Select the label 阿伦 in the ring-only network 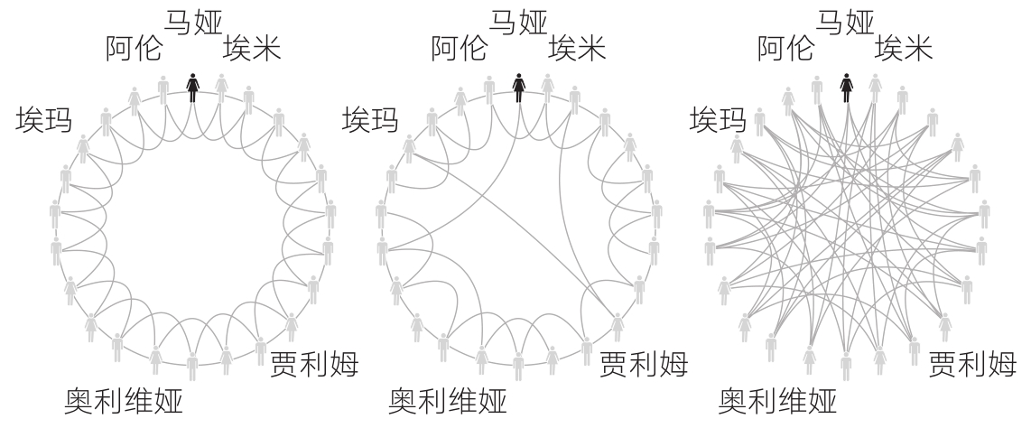click(x=134, y=49)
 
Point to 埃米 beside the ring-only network click(x=252, y=49)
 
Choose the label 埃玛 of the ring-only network click(x=44, y=119)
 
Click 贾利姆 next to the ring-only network click(x=314, y=365)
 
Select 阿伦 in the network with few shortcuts click(x=460, y=49)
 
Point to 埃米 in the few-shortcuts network click(x=578, y=49)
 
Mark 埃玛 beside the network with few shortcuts click(x=370, y=119)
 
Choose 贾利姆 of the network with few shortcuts click(x=643, y=365)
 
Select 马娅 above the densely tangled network click(x=847, y=23)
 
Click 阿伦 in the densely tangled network click(x=786, y=49)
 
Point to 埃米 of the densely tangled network click(x=905, y=49)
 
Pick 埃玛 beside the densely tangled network click(x=719, y=119)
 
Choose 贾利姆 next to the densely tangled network click(x=973, y=365)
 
